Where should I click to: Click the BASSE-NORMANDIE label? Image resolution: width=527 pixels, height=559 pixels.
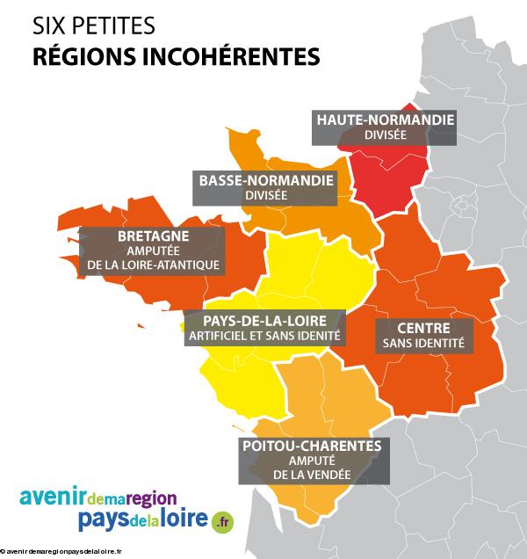[x=266, y=180]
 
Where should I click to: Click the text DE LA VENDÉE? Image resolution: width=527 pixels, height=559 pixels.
[x=311, y=476]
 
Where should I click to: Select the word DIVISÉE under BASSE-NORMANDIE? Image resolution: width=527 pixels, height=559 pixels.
[x=266, y=195]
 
